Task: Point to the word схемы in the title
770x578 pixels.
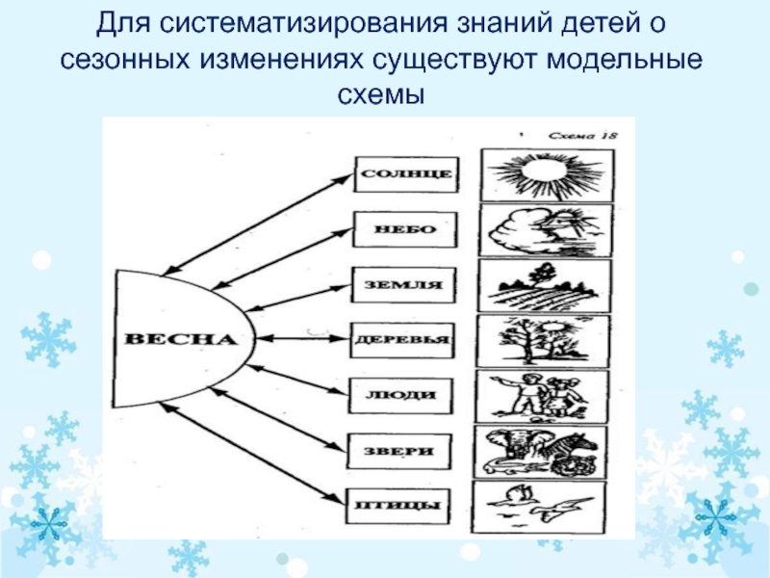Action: pyautogui.click(x=384, y=96)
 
